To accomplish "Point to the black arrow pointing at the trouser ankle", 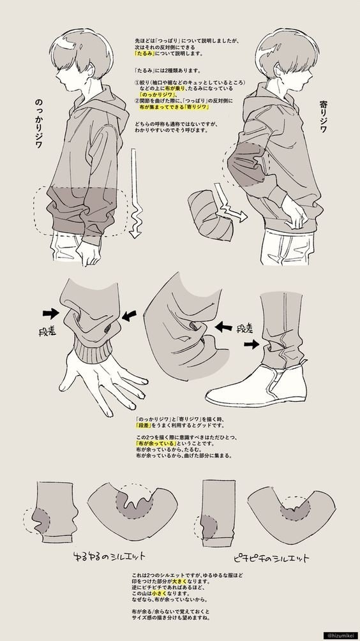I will click(253, 344).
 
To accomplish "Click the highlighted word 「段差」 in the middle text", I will click(145, 424).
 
